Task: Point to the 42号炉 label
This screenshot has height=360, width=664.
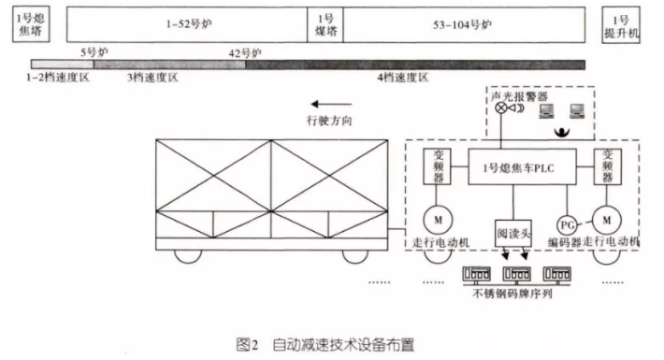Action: pyautogui.click(x=244, y=52)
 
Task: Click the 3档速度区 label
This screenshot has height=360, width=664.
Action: pyautogui.click(x=152, y=79)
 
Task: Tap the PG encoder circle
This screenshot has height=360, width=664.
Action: pyautogui.click(x=567, y=224)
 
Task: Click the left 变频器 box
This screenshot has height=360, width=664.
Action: pyautogui.click(x=439, y=166)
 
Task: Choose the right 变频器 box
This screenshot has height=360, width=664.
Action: pyautogui.click(x=608, y=166)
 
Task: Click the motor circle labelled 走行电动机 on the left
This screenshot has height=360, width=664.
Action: pyautogui.click(x=438, y=219)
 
